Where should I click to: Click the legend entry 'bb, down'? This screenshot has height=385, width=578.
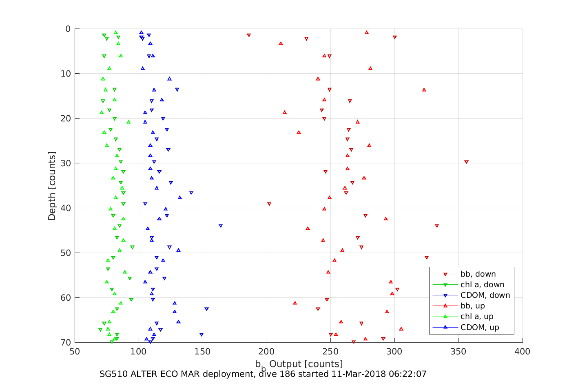tap(478, 274)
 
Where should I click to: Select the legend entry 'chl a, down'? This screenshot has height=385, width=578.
tap(482, 285)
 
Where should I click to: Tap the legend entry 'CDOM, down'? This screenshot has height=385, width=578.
tap(485, 295)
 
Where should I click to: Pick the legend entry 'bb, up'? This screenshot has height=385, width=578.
tap(472, 306)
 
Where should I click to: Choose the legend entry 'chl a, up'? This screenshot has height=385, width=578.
tap(476, 317)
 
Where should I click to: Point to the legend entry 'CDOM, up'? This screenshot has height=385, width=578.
tap(479, 327)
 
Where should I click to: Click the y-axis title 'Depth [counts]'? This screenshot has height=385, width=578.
tap(52, 186)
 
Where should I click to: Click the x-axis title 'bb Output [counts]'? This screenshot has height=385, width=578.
tap(299, 364)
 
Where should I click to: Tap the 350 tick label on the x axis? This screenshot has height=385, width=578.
tap(458, 352)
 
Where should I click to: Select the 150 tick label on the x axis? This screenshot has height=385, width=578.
tap(202, 352)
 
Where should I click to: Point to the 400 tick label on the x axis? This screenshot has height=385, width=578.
tap(523, 352)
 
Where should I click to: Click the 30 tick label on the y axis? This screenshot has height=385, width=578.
tap(66, 163)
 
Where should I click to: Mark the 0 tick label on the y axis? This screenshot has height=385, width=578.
tap(68, 29)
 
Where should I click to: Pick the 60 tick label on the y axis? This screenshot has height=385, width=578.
tap(66, 298)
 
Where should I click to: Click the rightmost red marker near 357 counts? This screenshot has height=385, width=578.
tap(466, 162)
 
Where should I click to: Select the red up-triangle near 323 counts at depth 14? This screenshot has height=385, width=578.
tap(424, 89)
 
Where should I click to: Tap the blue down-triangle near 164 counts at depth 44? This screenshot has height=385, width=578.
tap(221, 226)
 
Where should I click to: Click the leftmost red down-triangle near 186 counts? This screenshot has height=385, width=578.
tap(248, 35)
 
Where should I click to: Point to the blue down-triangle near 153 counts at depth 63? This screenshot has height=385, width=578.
tap(206, 309)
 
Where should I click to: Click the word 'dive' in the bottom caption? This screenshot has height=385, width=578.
tap(268, 374)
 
